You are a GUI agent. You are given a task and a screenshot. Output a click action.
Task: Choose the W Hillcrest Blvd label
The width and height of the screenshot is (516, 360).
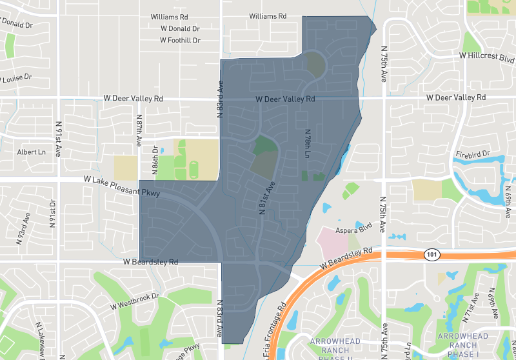487,56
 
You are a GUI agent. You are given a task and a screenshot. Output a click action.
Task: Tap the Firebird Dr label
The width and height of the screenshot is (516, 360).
473,155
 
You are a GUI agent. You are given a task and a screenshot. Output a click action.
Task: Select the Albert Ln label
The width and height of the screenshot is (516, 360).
32,152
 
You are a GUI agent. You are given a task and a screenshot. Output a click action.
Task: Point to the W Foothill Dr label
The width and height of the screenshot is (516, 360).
180,40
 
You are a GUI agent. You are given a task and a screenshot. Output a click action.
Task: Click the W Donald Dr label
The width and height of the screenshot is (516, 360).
180,28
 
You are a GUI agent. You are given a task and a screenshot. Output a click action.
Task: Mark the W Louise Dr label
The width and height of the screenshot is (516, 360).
17,78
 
